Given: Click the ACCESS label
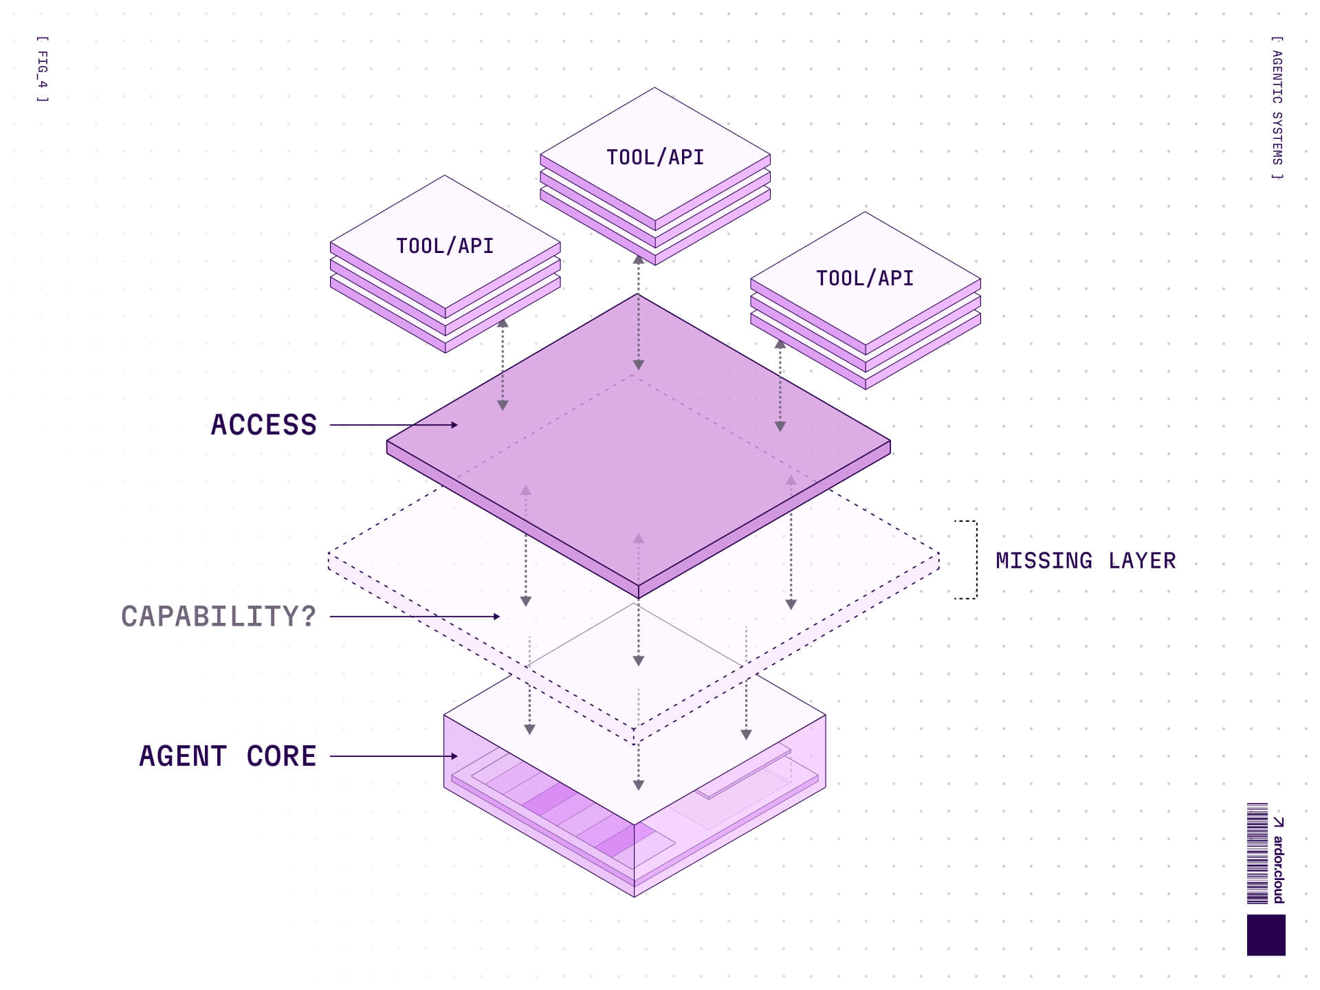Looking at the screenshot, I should pyautogui.click(x=264, y=425).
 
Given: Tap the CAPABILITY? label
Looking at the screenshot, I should pyautogui.click(x=219, y=617).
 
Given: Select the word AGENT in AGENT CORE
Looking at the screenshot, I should pyautogui.click(x=183, y=756).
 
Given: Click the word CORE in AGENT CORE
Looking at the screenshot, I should pyautogui.click(x=281, y=756).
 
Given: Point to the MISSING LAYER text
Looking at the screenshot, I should pyautogui.click(x=1086, y=561).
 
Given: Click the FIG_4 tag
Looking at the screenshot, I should pyautogui.click(x=43, y=69).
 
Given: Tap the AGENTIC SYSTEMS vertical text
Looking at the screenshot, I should pyautogui.click(x=1277, y=108).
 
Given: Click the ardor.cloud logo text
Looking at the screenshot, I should pyautogui.click(x=1278, y=868).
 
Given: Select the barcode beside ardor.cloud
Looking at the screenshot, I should pyautogui.click(x=1257, y=853).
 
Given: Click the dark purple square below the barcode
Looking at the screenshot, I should pyautogui.click(x=1266, y=935).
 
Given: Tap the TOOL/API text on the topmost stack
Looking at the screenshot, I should pyautogui.click(x=655, y=157).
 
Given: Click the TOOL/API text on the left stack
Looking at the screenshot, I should pyautogui.click(x=445, y=246).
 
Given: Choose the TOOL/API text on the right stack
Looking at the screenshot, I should pyautogui.click(x=865, y=278).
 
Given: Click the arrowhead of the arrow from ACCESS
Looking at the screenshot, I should pyautogui.click(x=454, y=425).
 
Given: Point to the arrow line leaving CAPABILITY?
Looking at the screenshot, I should pyautogui.click(x=412, y=617).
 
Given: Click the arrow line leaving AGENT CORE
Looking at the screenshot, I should pyautogui.click(x=392, y=756).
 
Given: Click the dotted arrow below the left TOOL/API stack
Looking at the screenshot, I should pyautogui.click(x=503, y=364).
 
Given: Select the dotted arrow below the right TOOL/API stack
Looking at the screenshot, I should pyautogui.click(x=780, y=385).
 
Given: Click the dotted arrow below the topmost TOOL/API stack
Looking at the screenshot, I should pyautogui.click(x=638, y=313).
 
